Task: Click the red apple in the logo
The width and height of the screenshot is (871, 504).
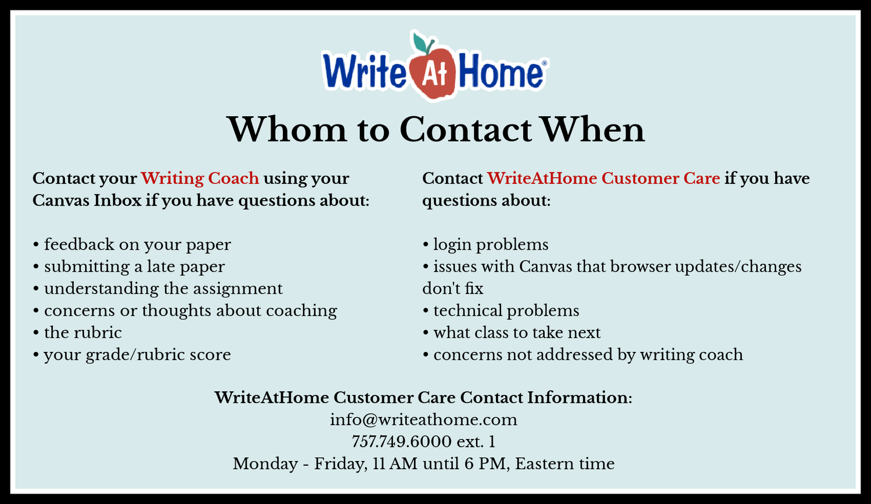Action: point(433,74)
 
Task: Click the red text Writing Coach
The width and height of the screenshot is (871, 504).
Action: point(200,178)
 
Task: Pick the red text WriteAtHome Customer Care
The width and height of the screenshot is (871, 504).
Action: point(603,178)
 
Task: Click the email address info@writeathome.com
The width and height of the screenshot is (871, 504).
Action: point(423,419)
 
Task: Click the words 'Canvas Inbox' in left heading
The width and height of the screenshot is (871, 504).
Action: point(87,200)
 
